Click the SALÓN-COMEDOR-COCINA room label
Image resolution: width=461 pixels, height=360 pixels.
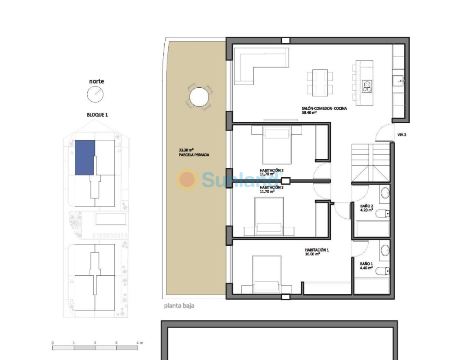tap(324, 108)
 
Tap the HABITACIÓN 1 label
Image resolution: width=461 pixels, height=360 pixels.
tap(316, 250)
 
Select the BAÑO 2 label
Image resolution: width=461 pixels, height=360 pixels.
tap(366, 206)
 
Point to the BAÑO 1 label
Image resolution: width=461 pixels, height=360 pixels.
tap(366, 264)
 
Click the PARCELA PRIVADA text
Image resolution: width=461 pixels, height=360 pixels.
tap(194, 155)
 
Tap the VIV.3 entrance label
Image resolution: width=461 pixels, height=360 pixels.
tap(402, 135)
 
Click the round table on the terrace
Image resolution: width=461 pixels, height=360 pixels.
tap(199, 97)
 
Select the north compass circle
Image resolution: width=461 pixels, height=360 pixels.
tap(95, 94)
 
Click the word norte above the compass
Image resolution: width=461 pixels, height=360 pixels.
tap(96, 81)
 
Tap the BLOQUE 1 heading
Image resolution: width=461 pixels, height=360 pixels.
tap(97, 115)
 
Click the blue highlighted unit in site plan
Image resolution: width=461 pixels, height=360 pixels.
tap(85, 157)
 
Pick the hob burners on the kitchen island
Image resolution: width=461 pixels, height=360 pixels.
tap(367, 86)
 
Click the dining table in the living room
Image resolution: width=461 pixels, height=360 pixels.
tap(320, 81)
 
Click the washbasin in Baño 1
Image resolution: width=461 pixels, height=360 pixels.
tap(385, 251)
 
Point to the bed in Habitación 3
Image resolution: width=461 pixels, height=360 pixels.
tap(276, 144)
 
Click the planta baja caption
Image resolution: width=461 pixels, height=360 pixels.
tap(179, 306)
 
